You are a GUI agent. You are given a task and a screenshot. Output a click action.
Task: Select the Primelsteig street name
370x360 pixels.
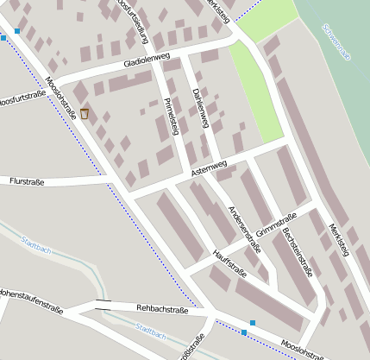coord(171,117)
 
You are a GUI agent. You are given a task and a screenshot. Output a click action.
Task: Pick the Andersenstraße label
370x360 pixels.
coord(243,229)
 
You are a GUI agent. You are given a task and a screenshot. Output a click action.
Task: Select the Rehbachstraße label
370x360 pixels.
coord(162,309)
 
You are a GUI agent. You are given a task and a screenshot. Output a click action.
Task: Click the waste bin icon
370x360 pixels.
coord(85,114)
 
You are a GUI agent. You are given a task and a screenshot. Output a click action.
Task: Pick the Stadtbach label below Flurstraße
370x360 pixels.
coord(35,246)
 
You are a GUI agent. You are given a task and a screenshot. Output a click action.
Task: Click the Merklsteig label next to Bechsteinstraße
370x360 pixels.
coord(339,239)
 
